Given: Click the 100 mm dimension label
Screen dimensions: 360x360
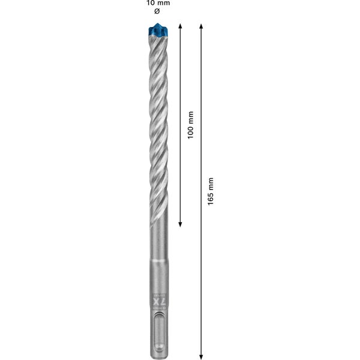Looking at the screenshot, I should [x=190, y=125].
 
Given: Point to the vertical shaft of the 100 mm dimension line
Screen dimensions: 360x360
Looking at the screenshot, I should [x=180, y=72].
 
